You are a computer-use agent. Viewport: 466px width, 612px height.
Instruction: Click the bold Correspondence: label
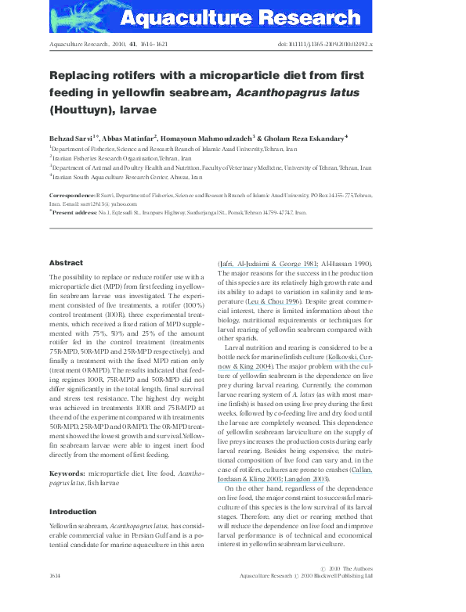(x=73, y=194)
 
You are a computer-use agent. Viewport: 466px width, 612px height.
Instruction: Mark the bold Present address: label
(x=76, y=212)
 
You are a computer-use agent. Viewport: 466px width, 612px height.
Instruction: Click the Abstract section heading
(x=66, y=263)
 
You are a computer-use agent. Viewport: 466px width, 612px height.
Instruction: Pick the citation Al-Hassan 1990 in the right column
(x=344, y=265)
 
